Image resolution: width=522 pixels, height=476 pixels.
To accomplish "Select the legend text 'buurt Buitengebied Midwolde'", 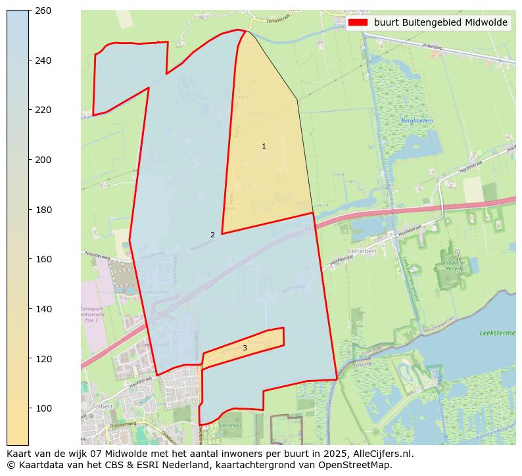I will [x=440, y=22].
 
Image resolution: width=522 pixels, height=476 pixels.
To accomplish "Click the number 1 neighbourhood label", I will [x=264, y=147].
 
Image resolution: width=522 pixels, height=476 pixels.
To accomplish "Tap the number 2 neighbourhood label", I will [x=212, y=235].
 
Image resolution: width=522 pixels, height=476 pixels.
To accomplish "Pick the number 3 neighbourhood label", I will [x=245, y=348].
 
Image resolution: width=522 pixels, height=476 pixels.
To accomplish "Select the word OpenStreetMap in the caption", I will [x=358, y=465].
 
